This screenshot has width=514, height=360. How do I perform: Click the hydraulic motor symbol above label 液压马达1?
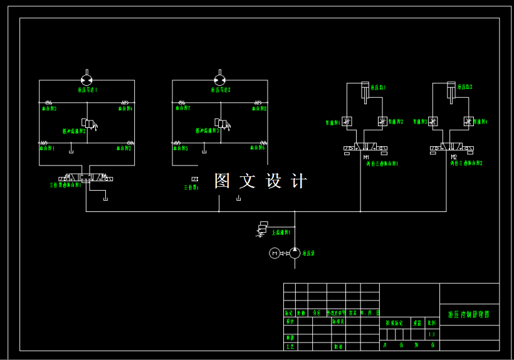tap(87, 80)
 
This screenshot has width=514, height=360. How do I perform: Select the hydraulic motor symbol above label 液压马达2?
tap(219, 80)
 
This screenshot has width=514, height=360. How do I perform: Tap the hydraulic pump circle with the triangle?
tap(295, 253)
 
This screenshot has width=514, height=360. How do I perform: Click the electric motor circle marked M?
tap(274, 253)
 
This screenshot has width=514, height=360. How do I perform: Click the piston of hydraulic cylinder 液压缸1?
tap(363, 92)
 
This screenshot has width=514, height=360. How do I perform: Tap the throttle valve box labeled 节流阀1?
tap(347, 121)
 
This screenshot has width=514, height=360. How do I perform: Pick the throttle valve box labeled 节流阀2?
tap(382, 121)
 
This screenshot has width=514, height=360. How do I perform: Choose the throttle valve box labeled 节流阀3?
tap(433, 121)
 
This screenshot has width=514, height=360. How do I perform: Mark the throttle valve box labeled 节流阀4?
tap(468, 121)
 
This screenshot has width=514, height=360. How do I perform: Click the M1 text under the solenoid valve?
tap(366, 157)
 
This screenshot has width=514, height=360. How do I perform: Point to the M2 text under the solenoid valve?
tap(454, 157)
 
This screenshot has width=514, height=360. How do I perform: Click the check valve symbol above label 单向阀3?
tap(48, 103)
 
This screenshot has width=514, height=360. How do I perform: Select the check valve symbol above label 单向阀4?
tap(125, 103)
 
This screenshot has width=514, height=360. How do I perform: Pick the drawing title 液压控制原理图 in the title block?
tap(469, 315)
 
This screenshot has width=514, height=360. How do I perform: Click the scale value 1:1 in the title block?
tap(431, 335)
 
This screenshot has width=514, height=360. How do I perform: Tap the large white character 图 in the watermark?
tap(223, 181)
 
